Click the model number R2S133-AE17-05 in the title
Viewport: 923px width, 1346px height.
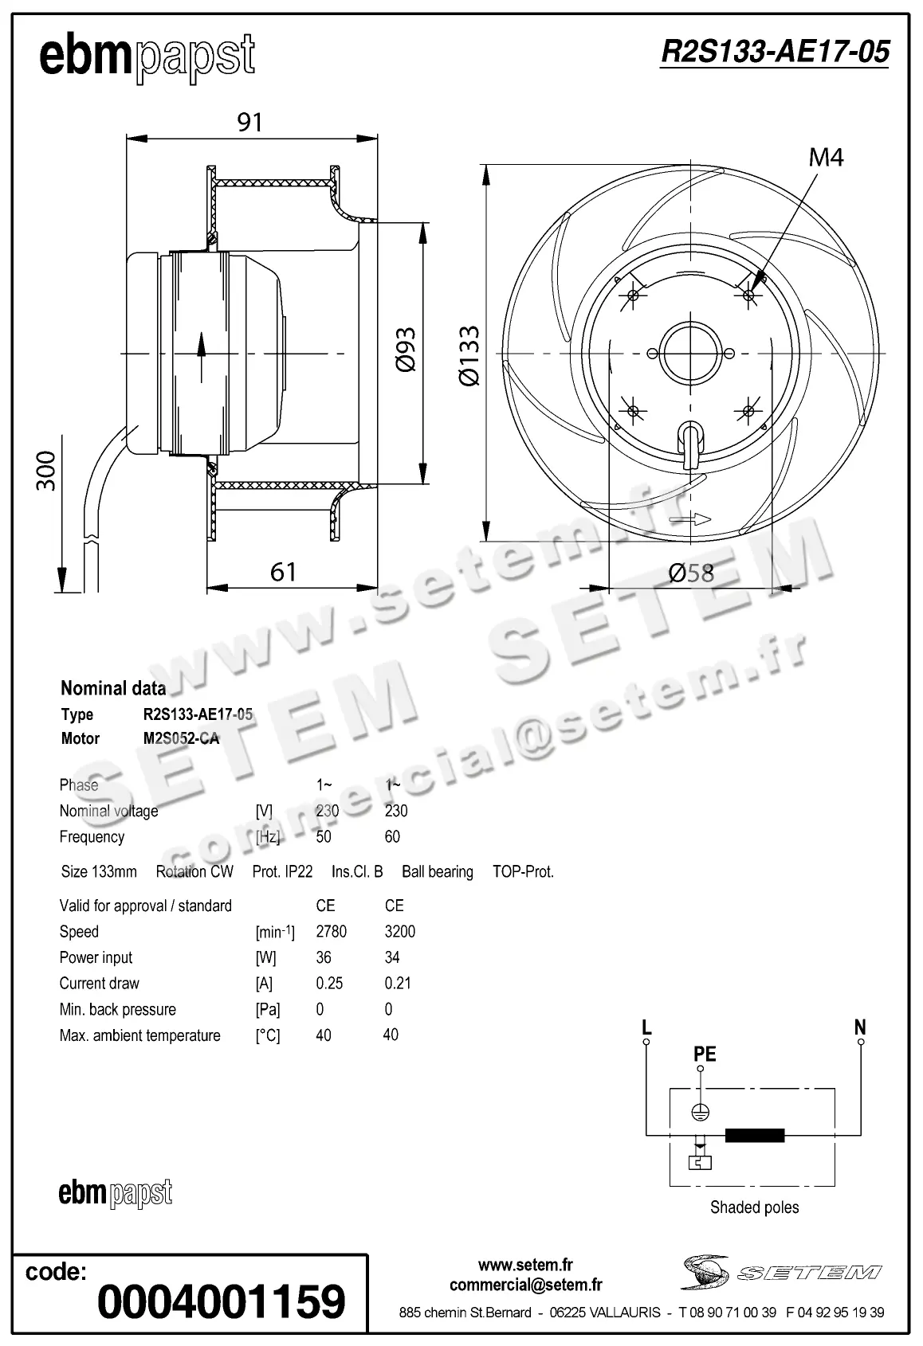[774, 53]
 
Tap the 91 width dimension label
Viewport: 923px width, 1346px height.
[249, 122]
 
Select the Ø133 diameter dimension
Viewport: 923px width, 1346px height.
[469, 355]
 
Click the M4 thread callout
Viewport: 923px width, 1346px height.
[826, 158]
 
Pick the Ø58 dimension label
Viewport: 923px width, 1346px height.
[691, 573]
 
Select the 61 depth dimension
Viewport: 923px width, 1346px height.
[283, 572]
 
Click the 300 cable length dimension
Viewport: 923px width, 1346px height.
[47, 470]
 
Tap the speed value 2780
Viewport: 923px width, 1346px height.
[331, 932]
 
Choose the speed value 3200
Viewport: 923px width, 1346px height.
[399, 932]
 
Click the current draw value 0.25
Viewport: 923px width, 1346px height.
[329, 984]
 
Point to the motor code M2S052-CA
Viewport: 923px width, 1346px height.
[181, 738]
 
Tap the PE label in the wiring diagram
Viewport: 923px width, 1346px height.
[705, 1054]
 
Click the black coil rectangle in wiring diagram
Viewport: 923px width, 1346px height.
[754, 1136]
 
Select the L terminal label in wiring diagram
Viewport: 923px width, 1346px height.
[647, 1027]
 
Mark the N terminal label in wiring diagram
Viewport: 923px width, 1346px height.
[860, 1027]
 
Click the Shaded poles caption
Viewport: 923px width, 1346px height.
[754, 1207]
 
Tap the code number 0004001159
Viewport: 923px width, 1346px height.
[221, 1301]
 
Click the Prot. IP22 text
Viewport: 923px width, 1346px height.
[282, 871]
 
